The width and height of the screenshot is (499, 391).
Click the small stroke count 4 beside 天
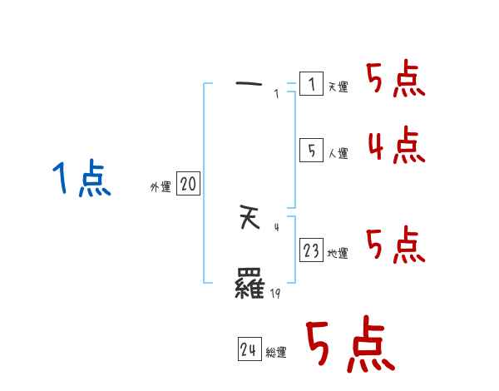coord(276,225)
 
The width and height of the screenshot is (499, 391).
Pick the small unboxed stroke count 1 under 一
coord(276,94)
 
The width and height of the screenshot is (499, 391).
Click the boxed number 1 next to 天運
coord(311,84)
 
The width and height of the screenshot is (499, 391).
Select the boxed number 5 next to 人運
coord(311,151)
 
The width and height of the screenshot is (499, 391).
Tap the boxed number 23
coord(311,250)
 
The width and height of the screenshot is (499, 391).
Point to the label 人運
coord(338,154)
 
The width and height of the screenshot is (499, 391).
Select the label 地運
coord(338,254)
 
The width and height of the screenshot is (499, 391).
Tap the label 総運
coord(276,354)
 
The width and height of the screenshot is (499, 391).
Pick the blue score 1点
coord(82,179)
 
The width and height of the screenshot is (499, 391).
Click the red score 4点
coord(397,146)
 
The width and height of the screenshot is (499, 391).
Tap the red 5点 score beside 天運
coord(396,81)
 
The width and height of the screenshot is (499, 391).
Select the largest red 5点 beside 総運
coord(349,346)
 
